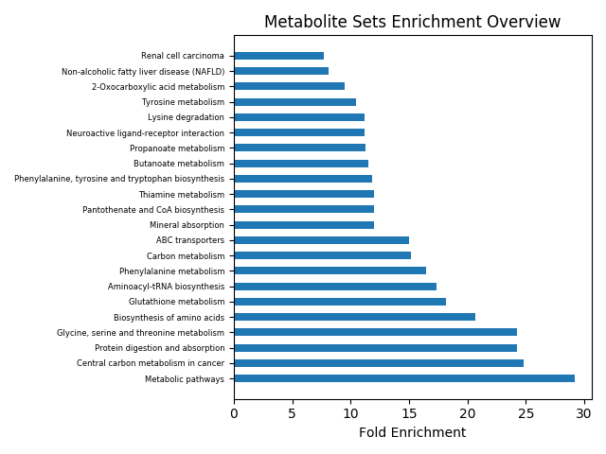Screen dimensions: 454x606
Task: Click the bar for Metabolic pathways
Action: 404,378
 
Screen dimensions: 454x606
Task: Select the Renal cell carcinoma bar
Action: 278,56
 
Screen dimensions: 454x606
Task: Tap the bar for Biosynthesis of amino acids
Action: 354,317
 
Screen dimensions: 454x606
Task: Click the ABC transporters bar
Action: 321,240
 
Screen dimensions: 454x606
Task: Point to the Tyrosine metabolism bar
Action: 294,102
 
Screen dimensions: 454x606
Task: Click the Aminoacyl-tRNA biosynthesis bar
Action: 335,287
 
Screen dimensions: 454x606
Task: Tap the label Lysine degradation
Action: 186,117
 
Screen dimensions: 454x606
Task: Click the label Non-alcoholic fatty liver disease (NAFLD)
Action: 143,72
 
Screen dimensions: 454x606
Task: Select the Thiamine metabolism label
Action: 181,195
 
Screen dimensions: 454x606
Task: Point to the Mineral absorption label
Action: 187,225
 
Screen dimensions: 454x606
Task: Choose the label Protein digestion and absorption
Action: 159,348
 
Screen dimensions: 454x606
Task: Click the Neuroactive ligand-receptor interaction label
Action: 145,133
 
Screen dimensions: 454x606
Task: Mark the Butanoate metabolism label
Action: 179,164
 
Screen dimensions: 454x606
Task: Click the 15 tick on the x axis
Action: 409,413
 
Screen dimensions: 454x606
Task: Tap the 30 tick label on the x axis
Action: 584,413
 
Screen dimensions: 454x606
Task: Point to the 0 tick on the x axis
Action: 234,413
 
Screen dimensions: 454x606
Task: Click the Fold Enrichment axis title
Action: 412,433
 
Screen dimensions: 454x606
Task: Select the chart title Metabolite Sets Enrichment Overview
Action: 412,22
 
